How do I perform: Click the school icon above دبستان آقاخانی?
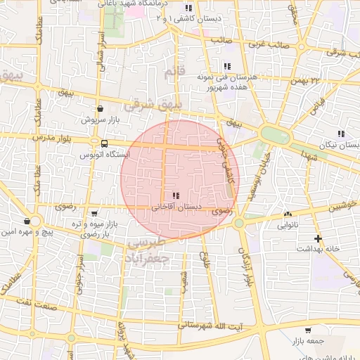175,195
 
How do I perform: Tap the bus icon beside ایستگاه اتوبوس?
105,143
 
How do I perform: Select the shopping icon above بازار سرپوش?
101,109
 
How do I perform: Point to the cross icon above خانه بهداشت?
319,238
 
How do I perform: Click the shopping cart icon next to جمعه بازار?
308,330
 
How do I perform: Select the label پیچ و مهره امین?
27,231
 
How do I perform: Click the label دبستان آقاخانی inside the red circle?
176,207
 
